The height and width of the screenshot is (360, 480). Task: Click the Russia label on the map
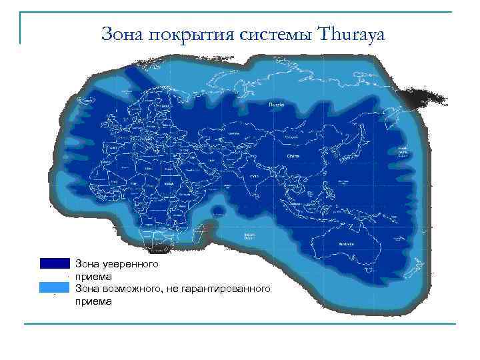[x=276, y=105]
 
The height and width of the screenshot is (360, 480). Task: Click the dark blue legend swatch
[x=54, y=263]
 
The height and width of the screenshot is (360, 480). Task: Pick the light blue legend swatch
[x=54, y=287]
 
